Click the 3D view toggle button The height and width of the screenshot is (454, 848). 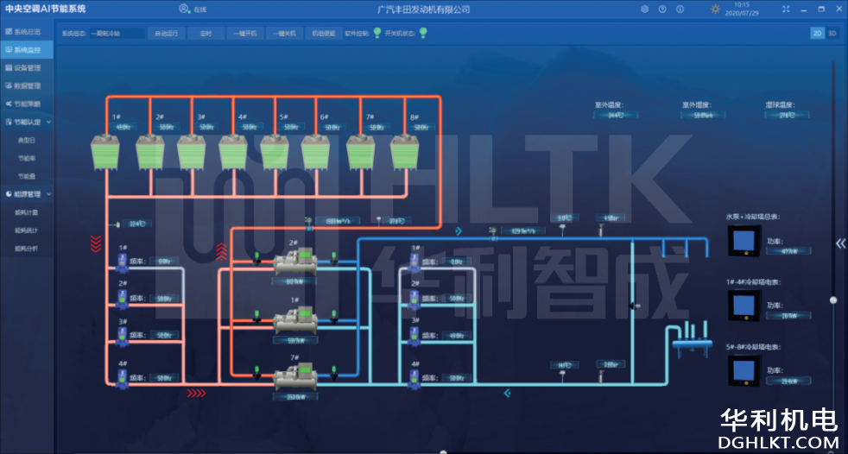tap(832, 33)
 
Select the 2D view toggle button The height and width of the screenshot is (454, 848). tap(817, 33)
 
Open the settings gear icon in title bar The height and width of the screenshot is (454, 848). tap(644, 9)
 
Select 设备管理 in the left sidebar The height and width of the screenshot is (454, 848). tap(27, 67)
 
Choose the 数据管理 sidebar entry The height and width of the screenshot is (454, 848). tap(27, 85)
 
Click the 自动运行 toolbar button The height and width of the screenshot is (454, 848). tap(166, 33)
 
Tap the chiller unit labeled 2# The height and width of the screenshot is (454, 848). tap(296, 262)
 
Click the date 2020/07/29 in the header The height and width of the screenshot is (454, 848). tap(742, 13)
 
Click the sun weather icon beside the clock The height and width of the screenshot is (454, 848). tap(715, 9)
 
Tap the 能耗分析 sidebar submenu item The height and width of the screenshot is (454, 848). tap(27, 249)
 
